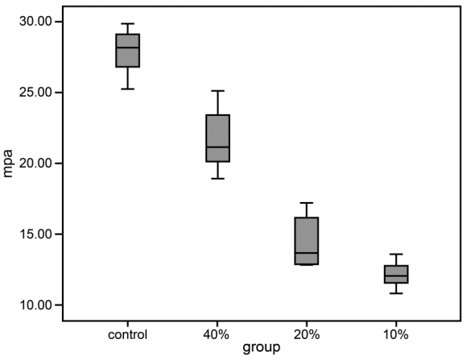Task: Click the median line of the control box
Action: [127, 48]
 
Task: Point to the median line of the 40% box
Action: [217, 147]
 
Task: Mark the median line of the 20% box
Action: [307, 253]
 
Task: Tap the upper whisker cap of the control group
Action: [127, 24]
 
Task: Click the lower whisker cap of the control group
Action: [127, 89]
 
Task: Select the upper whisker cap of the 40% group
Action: [217, 91]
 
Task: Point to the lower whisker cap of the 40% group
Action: [217, 178]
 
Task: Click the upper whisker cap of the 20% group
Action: [307, 203]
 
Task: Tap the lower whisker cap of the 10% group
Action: [395, 293]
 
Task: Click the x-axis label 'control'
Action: [127, 334]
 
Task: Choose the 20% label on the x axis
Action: [307, 334]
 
